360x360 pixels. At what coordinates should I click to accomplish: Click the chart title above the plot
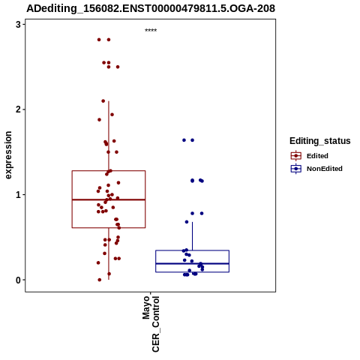click(151, 8)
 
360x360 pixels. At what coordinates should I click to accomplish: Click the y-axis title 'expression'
click(8, 155)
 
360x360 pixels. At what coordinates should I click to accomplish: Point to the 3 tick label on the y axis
click(18, 24)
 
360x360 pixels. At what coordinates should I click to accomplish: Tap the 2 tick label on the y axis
click(18, 109)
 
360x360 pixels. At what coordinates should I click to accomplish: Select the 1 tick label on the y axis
click(18, 195)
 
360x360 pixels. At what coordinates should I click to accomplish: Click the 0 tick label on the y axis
click(18, 280)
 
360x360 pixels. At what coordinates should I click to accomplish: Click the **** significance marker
click(151, 30)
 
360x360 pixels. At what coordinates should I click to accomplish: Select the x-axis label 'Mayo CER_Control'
click(151, 324)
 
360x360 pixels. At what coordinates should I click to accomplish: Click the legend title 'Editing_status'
click(320, 141)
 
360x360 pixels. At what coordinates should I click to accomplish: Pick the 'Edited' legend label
click(317, 156)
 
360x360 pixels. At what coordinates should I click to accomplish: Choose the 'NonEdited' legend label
click(325, 169)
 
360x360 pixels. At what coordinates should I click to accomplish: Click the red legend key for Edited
click(296, 156)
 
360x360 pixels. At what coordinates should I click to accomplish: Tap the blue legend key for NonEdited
click(296, 169)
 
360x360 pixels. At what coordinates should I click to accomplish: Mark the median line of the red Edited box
click(109, 199)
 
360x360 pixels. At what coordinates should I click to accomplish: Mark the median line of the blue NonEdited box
click(192, 263)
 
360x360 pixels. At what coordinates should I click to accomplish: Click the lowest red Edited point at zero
click(100, 280)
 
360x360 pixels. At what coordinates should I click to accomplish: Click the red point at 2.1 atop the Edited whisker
click(103, 101)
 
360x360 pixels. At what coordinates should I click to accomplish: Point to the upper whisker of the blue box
click(192, 236)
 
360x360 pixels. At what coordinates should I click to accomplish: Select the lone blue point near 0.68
click(187, 222)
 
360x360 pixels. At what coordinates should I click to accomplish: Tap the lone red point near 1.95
click(112, 115)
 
